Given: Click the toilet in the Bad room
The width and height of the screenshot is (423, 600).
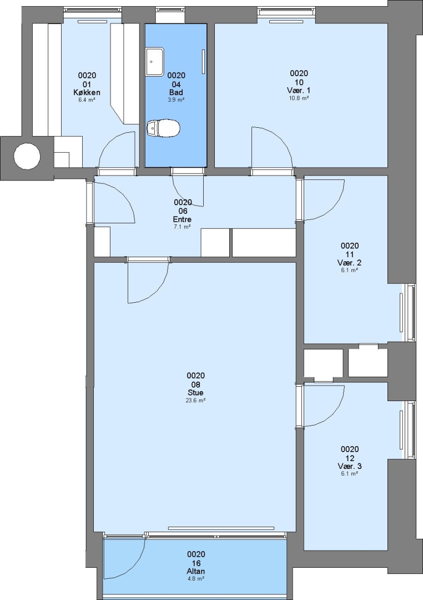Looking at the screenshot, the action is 163,127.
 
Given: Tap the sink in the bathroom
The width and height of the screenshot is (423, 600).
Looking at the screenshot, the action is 154,61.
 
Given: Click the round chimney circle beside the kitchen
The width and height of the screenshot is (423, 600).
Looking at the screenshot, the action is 27,156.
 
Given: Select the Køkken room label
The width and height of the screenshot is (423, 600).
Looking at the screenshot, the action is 87,92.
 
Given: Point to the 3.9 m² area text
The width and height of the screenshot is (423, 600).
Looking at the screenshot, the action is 177,99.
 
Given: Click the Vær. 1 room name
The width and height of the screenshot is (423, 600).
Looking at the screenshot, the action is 299,91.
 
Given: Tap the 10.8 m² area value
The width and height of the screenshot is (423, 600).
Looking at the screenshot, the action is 299,98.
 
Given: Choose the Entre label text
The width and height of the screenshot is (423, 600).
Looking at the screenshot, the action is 183,219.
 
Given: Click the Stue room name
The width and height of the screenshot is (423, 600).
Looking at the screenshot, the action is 195,393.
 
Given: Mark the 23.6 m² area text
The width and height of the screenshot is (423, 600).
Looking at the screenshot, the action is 195,400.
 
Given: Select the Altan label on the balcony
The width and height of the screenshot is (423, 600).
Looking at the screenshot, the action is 196,571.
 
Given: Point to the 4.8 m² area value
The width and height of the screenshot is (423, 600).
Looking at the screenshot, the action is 196,578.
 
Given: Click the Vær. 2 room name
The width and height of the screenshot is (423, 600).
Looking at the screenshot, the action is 350,262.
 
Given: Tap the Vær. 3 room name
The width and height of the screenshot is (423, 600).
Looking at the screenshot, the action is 350,466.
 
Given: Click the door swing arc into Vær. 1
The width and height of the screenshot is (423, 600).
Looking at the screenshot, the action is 280,139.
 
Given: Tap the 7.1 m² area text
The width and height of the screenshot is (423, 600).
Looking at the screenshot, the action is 183,227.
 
